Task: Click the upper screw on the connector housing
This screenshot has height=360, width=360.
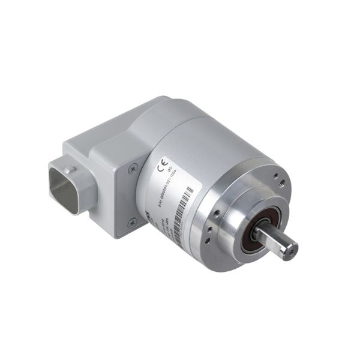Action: coord(134,170)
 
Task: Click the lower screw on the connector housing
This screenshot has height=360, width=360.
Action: coord(133,222)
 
